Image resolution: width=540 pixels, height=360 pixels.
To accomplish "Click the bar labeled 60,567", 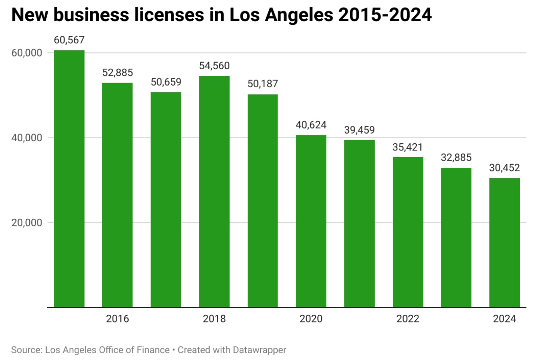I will tap(69, 179).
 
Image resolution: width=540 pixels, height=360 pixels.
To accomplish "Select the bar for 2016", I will tap(117, 195).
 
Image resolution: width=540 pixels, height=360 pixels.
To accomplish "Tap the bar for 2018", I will tap(214, 191).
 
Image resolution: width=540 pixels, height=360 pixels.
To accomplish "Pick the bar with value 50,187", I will tap(262, 201).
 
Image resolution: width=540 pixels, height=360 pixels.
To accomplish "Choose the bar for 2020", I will tap(311, 221).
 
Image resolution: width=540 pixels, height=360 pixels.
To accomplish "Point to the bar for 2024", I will tap(505, 242).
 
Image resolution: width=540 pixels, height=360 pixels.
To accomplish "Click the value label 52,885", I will tap(117, 73).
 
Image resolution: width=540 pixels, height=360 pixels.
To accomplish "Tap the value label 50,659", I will tap(166, 82).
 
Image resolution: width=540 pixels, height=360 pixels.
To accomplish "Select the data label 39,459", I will tap(359, 129).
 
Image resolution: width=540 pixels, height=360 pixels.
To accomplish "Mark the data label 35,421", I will tap(408, 147).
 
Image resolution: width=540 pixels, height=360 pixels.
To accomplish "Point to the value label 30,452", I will tap(505, 168).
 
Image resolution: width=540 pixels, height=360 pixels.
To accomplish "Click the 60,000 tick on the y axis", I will tap(28, 53).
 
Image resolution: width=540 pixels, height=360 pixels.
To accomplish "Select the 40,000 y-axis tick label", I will tap(28, 138).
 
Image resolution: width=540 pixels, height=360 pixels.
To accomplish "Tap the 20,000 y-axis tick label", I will tap(28, 223).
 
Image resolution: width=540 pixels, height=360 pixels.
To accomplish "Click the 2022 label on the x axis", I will tap(408, 319).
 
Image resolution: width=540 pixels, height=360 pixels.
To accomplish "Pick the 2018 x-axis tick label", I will tap(214, 319).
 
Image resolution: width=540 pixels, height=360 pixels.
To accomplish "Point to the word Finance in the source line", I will tap(154, 350).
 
